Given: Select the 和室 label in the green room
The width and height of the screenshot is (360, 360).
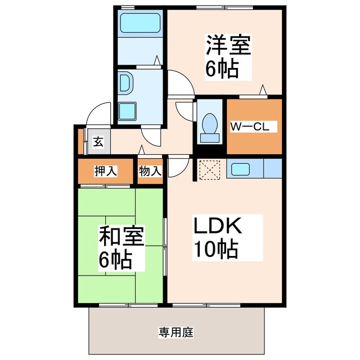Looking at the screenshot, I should [121, 237].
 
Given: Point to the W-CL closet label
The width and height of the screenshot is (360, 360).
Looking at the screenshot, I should [253, 127].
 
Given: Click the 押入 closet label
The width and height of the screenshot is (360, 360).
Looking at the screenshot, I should [105, 171].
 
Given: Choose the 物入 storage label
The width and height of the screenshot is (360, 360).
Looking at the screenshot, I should [150, 171].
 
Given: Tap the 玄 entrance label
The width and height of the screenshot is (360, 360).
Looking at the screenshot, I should [98, 142].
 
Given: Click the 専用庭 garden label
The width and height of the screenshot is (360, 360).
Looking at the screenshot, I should [175, 332].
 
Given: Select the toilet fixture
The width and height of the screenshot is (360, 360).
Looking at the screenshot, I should [210, 125].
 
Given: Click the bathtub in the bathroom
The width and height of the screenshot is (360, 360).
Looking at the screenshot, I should [140, 24].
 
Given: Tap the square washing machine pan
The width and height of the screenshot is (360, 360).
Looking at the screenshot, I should [128, 111].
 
